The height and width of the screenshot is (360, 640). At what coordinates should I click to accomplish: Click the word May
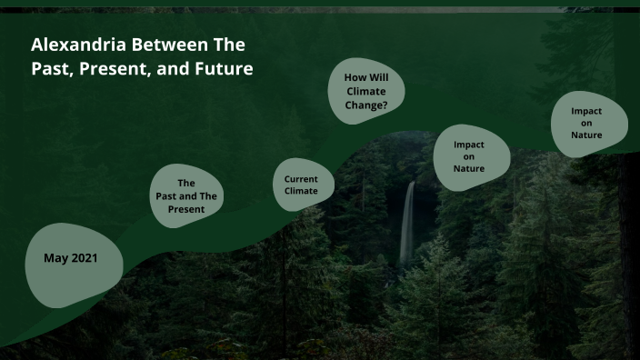click(55, 258)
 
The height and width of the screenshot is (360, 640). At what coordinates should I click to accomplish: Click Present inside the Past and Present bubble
click(186, 209)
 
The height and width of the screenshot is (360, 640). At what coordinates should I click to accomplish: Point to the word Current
click(301, 179)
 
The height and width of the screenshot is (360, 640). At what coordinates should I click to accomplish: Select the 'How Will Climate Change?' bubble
click(366, 92)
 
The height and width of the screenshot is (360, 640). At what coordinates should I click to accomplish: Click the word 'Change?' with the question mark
click(366, 105)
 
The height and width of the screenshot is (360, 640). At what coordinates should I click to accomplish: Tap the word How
click(354, 78)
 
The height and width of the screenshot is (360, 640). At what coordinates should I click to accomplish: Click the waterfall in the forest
click(407, 223)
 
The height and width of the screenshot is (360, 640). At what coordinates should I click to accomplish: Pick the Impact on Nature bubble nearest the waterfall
click(468, 156)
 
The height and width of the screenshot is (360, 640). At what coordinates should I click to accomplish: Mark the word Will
click(378, 78)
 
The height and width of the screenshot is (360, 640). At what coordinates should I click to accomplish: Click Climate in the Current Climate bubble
click(301, 192)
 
